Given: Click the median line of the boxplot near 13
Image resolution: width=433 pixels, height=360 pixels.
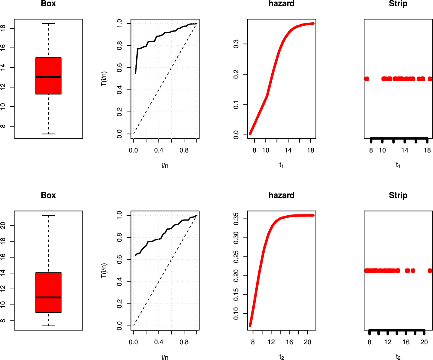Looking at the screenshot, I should pyautogui.click(x=48, y=77).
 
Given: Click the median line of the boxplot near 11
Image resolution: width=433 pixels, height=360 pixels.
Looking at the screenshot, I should pyautogui.click(x=48, y=297).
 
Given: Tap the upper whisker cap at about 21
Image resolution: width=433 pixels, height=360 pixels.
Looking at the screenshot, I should pyautogui.click(x=48, y=215).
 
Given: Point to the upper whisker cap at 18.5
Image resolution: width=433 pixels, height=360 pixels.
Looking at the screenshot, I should pyautogui.click(x=48, y=24).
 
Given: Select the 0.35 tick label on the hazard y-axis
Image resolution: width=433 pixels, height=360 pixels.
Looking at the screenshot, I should pyautogui.click(x=236, y=219).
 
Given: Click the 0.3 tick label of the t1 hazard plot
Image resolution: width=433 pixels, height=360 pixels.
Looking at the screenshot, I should pyautogui.click(x=236, y=44).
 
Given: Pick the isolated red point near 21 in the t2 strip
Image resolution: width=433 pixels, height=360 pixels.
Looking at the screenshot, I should pyautogui.click(x=430, y=271).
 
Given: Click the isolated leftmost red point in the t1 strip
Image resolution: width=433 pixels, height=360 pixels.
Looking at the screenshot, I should pyautogui.click(x=367, y=79).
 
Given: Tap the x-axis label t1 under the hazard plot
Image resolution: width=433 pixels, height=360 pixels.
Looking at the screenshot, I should pyautogui.click(x=281, y=165).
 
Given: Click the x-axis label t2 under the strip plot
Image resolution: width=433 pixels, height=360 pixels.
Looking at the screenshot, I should pyautogui.click(x=398, y=357).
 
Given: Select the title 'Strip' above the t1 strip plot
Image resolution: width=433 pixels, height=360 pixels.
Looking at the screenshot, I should pyautogui.click(x=398, y=4).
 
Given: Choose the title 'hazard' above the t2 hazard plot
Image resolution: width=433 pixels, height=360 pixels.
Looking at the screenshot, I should pyautogui.click(x=281, y=195).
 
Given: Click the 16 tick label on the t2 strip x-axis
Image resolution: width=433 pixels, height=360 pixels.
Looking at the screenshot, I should pyautogui.click(x=406, y=342).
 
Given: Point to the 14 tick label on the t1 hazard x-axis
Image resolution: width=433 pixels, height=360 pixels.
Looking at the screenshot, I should pyautogui.click(x=288, y=150).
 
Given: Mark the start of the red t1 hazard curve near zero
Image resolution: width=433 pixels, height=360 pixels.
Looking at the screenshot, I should pyautogui.click(x=250, y=133).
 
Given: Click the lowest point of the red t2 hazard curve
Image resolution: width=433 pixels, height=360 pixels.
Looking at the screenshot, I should pyautogui.click(x=250, y=325).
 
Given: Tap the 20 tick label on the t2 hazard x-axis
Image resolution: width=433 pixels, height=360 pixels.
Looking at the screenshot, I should pyautogui.click(x=308, y=342).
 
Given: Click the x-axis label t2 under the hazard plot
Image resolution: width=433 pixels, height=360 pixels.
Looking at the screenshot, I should pyautogui.click(x=281, y=357).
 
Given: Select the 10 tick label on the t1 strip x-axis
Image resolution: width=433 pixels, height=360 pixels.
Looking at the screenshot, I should pyautogui.click(x=382, y=150).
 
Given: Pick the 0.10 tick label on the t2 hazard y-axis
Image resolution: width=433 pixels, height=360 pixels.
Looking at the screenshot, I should pyautogui.click(x=236, y=313).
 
